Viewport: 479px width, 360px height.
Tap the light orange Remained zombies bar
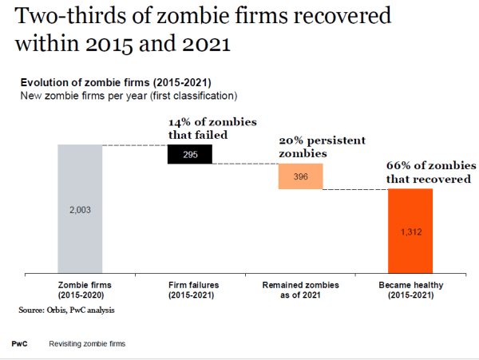coord(300,176)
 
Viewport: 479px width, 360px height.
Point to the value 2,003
coord(80,208)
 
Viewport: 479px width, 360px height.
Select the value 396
coord(300,176)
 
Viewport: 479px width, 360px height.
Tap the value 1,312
coord(410,231)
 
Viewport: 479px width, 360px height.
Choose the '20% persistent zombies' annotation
coord(322,146)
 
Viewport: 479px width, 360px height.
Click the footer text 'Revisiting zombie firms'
coord(87,343)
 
